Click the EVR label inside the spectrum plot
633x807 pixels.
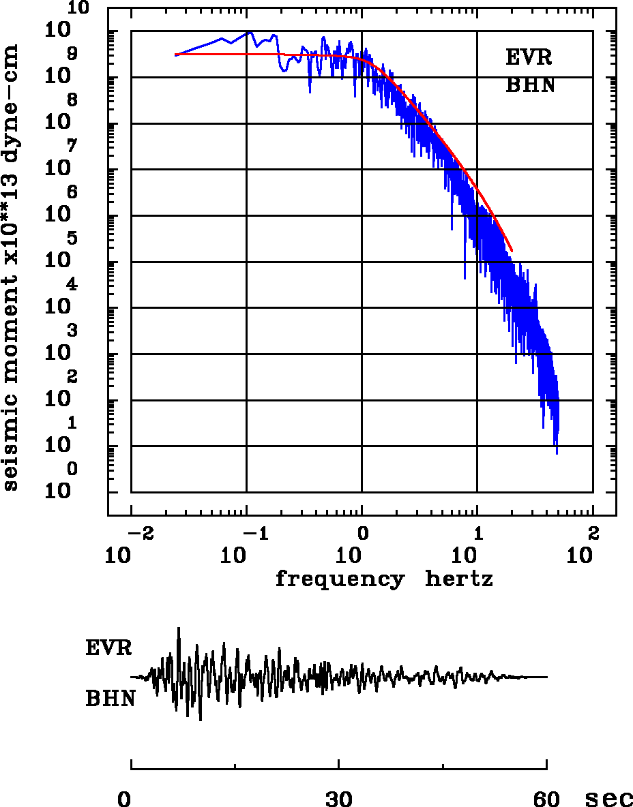529,57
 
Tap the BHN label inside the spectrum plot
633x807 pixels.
530,86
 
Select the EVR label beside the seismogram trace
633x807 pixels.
108,648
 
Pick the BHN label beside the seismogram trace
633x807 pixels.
109,699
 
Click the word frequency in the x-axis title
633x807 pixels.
339,579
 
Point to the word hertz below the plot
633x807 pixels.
459,579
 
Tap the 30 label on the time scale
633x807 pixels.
339,798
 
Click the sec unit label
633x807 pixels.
609,798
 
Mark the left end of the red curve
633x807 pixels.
176,55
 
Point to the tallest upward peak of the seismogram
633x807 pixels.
179,628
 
